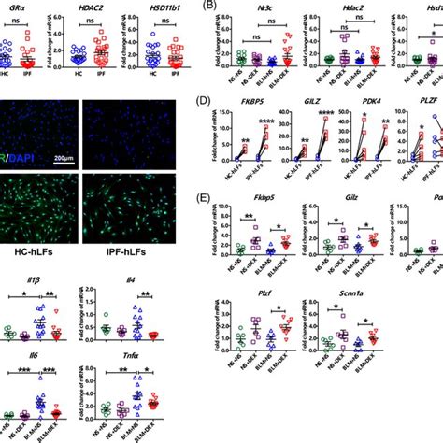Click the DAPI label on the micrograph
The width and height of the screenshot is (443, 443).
[x=11, y=142]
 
